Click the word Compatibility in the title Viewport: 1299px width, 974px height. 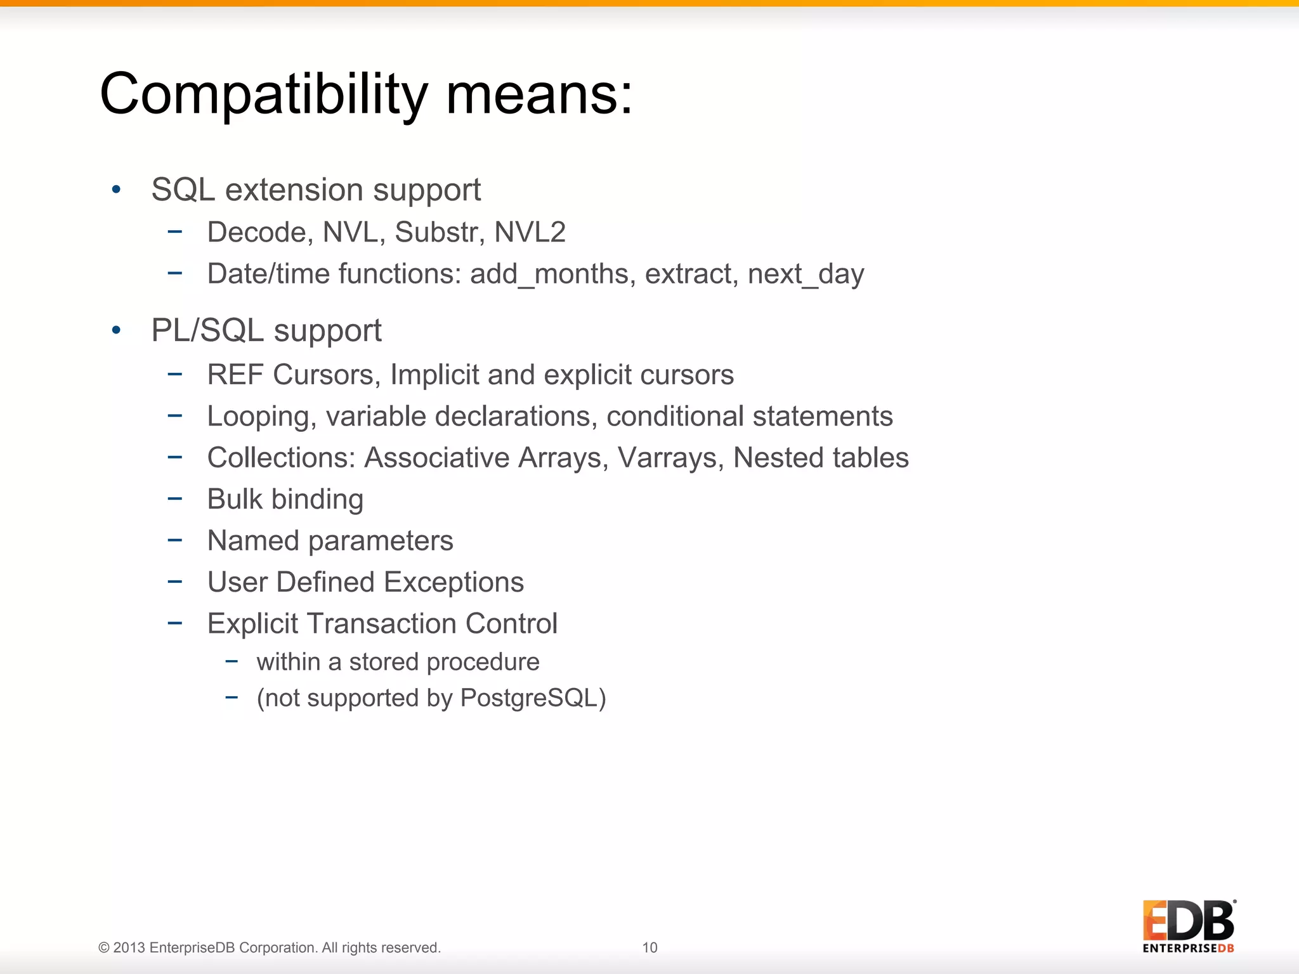coord(264,95)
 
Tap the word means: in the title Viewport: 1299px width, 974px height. coord(539,95)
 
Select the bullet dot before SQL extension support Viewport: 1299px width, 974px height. coord(115,190)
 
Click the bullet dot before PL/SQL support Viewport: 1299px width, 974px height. coord(115,330)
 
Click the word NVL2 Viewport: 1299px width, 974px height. coord(530,232)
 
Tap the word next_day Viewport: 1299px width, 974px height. coord(806,274)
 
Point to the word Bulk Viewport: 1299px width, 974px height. coord(235,499)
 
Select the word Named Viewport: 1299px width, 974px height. coord(253,541)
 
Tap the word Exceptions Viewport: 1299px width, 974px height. coord(454,582)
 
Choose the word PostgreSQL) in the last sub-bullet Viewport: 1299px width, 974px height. coord(533,698)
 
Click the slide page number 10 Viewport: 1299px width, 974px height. coord(649,947)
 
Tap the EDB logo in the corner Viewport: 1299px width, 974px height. coord(1189,926)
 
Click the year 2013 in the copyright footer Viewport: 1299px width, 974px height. coord(129,947)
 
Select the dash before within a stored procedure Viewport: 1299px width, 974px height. coord(232,662)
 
